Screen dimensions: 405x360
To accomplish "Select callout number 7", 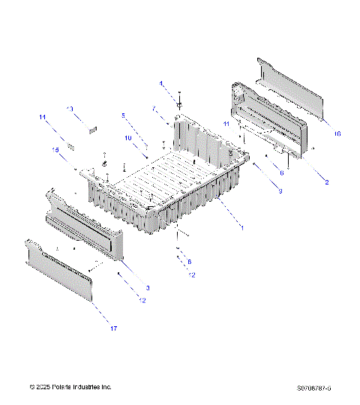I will pyautogui.click(x=154, y=109).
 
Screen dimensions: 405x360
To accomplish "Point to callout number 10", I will pyautogui.click(x=128, y=138).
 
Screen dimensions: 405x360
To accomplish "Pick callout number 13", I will pyautogui.click(x=70, y=109).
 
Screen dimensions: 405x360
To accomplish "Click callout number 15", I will pyautogui.click(x=55, y=149).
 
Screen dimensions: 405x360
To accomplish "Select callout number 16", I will pyautogui.click(x=337, y=133).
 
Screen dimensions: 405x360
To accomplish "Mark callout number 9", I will pyautogui.click(x=280, y=192).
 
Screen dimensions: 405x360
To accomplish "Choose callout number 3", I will pyautogui.click(x=148, y=288).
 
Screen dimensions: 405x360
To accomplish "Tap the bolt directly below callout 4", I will pyautogui.click(x=180, y=98).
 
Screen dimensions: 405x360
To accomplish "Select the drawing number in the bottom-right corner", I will pyautogui.click(x=313, y=388).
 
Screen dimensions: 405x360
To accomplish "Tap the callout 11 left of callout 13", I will pyautogui.click(x=43, y=118).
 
